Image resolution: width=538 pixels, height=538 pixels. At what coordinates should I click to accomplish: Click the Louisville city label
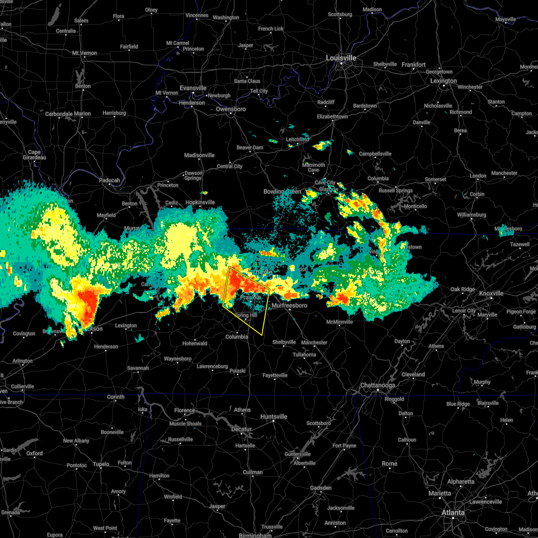click(341, 58)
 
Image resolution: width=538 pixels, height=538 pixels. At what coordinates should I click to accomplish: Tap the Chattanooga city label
click(377, 386)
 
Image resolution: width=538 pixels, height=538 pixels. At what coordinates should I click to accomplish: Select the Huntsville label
click(273, 417)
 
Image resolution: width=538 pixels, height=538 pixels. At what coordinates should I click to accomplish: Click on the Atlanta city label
click(453, 512)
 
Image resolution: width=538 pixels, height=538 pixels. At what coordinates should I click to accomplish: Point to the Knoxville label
click(491, 293)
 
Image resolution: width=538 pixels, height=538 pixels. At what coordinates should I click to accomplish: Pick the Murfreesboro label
click(290, 306)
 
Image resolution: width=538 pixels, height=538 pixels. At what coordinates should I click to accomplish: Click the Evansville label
click(193, 88)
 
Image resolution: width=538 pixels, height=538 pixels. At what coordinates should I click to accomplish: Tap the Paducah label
click(109, 180)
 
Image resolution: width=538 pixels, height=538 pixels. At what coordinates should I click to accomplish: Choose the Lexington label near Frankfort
click(443, 81)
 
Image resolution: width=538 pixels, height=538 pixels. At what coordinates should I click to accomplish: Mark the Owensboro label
click(231, 109)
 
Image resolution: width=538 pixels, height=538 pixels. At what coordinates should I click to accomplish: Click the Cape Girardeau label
click(34, 155)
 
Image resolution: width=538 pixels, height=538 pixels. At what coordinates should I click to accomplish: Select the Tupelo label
click(101, 464)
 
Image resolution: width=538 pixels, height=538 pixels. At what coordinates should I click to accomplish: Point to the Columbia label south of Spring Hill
click(237, 337)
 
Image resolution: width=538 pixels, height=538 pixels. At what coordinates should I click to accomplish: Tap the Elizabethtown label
click(332, 117)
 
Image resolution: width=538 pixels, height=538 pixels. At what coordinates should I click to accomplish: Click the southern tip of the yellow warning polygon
click(262, 335)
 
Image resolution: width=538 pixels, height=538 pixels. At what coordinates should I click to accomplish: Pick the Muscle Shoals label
click(185, 424)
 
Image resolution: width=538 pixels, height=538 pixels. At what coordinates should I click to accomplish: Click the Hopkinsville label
click(200, 202)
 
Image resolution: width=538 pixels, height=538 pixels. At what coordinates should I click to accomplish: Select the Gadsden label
click(321, 488)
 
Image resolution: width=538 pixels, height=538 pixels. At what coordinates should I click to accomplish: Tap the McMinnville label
click(339, 322)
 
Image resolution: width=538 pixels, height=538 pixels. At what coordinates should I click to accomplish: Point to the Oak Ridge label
click(462, 289)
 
